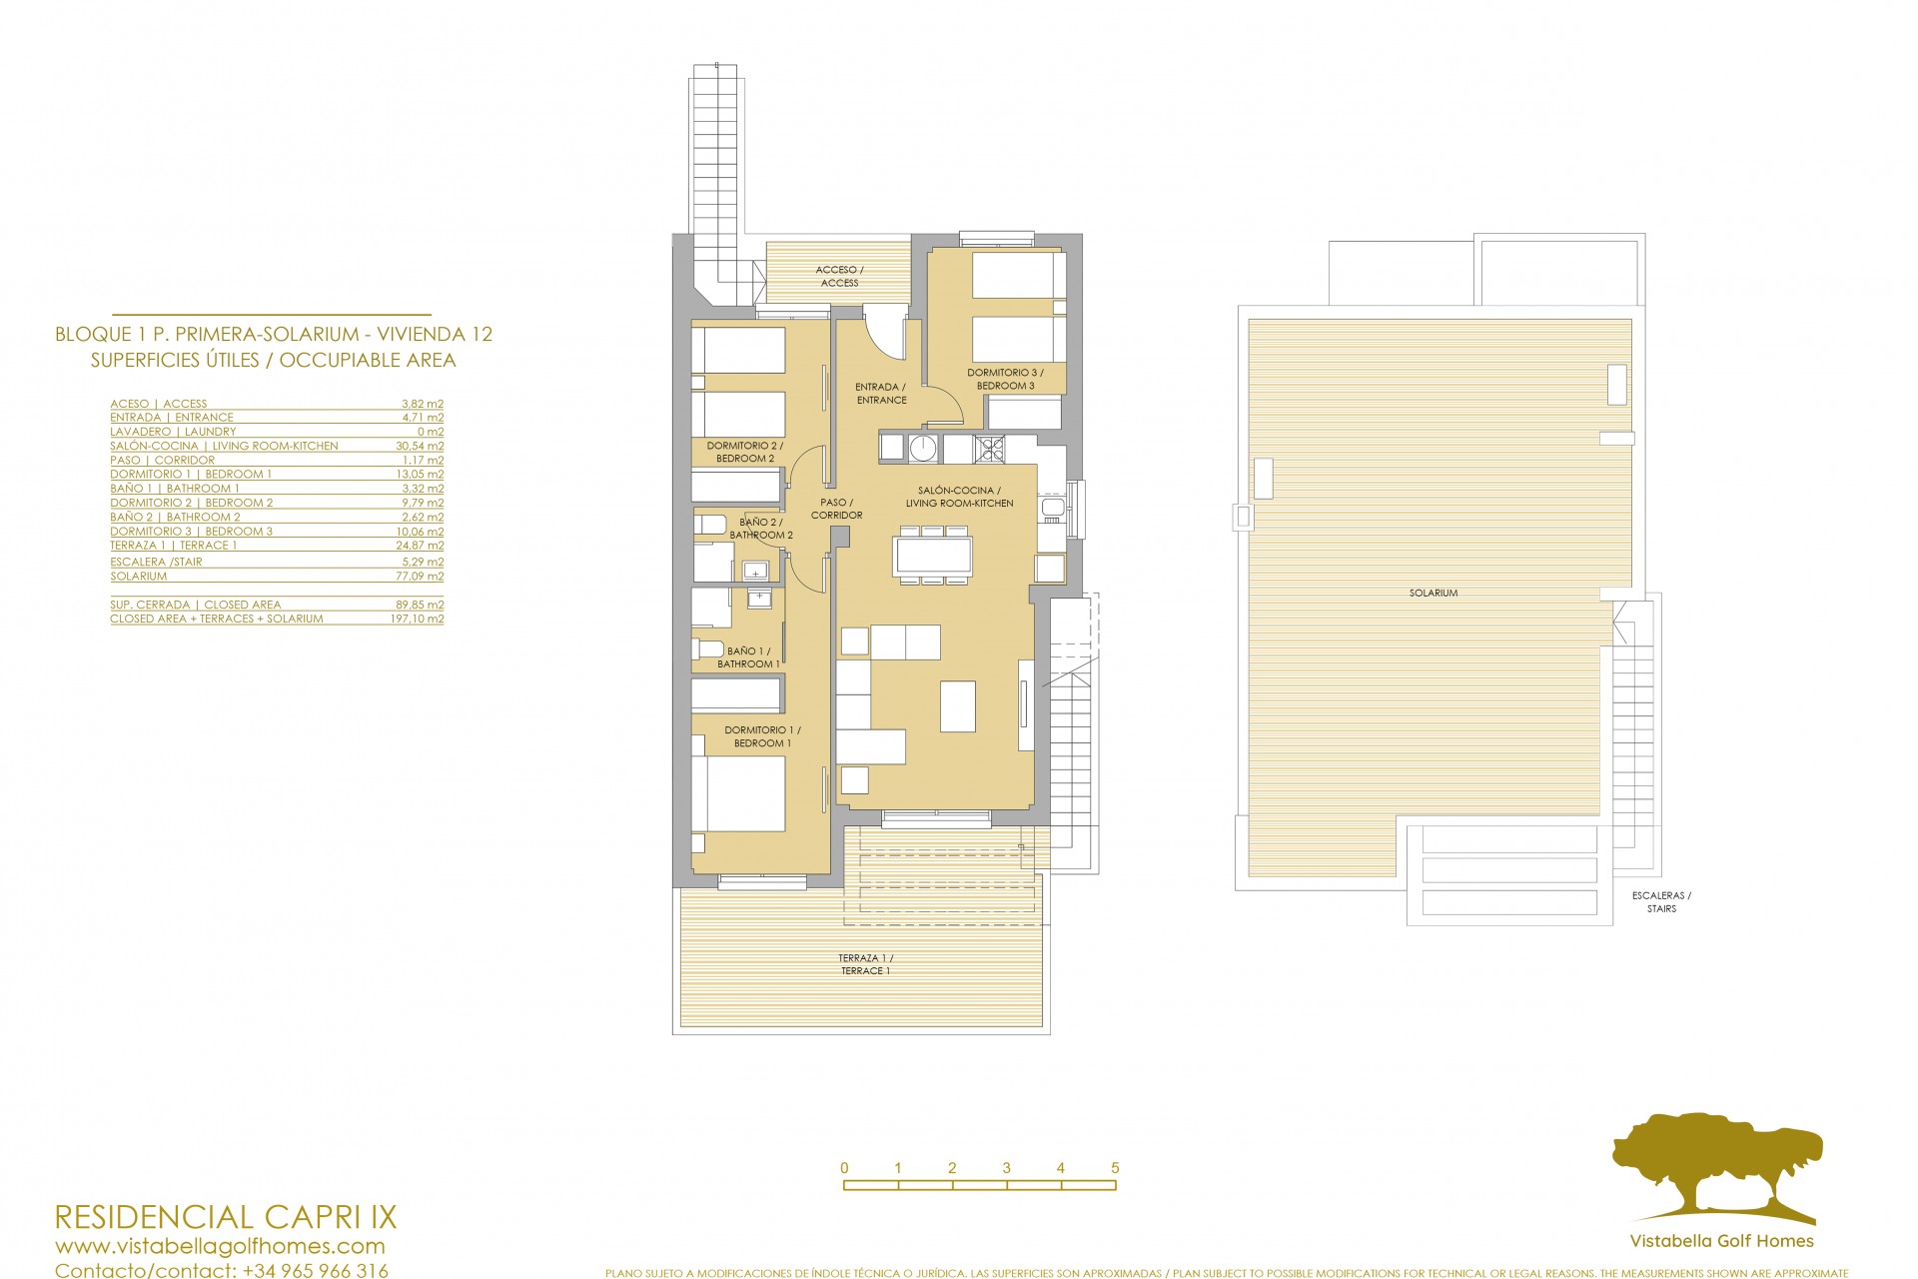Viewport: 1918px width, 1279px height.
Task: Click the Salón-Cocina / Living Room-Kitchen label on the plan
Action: (x=959, y=497)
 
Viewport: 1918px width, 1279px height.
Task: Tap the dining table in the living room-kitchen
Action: (x=933, y=556)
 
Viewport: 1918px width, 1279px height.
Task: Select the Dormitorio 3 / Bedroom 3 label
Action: (x=1005, y=379)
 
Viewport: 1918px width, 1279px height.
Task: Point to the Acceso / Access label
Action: (x=839, y=276)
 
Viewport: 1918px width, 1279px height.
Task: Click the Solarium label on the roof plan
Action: (x=1434, y=593)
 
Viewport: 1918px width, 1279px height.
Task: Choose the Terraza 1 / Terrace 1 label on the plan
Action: (x=865, y=964)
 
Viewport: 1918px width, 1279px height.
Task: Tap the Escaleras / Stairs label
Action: (x=1661, y=902)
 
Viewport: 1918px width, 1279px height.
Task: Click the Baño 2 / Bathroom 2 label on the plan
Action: (x=761, y=529)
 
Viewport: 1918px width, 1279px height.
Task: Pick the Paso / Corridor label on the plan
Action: (x=836, y=509)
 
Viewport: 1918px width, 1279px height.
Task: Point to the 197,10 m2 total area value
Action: (x=418, y=619)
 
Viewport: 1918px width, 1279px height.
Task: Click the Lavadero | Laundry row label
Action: (x=173, y=432)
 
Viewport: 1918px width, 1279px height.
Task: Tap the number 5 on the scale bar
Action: (x=1115, y=1168)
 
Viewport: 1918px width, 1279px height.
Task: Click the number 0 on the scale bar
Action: (x=844, y=1168)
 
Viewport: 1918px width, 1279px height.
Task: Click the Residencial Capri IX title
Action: (x=225, y=1217)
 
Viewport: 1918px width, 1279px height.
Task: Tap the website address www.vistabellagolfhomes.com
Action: (x=220, y=1246)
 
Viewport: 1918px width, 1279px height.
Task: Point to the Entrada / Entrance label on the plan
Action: (x=881, y=393)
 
